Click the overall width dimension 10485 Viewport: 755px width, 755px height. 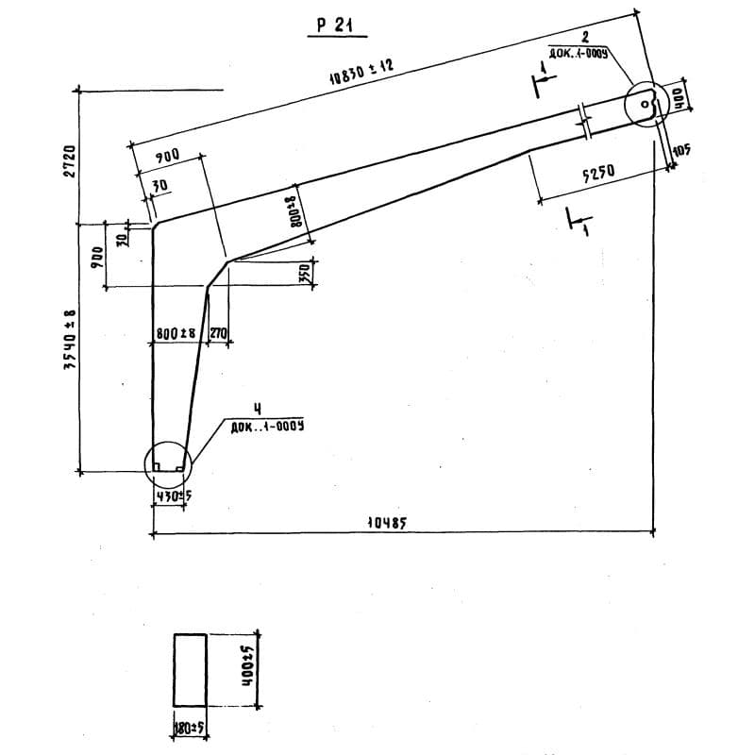[x=387, y=524]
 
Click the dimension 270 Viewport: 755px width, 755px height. [x=217, y=333]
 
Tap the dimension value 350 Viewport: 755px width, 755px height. [x=305, y=274]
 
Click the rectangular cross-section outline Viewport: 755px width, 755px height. [x=191, y=670]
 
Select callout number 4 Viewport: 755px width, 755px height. [x=244, y=408]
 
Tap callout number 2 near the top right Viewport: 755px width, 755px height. [x=585, y=37]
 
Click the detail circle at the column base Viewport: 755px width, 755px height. [x=167, y=463]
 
